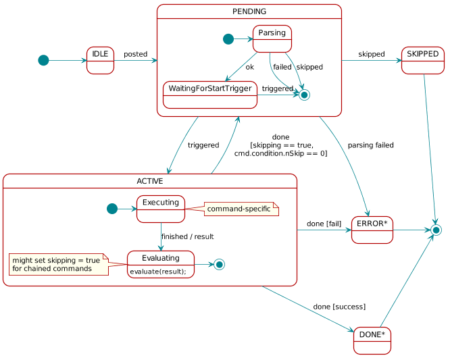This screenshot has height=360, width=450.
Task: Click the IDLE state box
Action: coord(100,60)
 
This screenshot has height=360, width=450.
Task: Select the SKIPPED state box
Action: coord(423,60)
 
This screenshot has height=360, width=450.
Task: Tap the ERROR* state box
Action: coord(372,230)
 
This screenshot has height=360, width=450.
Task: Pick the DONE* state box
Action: coord(372,341)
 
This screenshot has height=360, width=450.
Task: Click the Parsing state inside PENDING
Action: coord(272,38)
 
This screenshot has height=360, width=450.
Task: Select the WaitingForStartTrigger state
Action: coord(210,95)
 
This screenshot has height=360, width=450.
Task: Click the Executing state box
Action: coord(161,209)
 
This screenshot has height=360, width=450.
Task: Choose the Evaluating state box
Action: coord(161,264)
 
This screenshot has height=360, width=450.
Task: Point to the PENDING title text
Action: coord(249,11)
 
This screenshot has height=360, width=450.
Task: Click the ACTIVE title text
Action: coord(149,181)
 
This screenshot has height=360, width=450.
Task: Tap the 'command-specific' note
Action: coord(239,209)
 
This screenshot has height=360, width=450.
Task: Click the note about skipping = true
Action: coord(56,264)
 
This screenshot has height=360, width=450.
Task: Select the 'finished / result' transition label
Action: coord(187,236)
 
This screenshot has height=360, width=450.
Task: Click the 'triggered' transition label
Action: coord(277,89)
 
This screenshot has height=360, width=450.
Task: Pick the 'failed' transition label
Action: coord(282,67)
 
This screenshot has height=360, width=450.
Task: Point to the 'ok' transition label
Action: coord(249,67)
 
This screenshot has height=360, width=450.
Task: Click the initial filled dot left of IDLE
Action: coord(44,61)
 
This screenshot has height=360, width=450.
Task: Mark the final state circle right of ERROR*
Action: coord(436,230)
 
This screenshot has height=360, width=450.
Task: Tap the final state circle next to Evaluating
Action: coord(219,264)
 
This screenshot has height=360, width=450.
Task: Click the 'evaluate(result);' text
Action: coord(157,272)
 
